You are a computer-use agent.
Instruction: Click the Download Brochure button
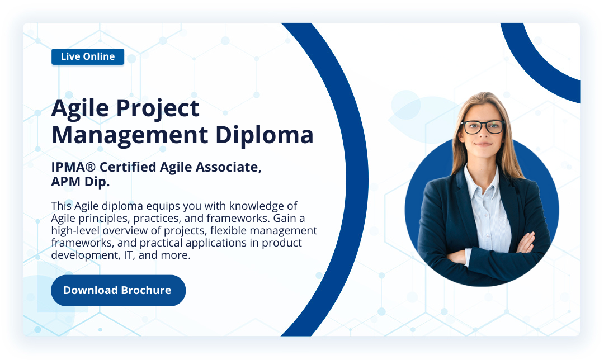(118, 290)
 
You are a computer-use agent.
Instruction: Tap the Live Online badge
(88, 56)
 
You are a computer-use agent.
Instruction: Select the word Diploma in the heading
(264, 135)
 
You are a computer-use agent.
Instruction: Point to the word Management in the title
(130, 135)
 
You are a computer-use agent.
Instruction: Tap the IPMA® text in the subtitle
(73, 167)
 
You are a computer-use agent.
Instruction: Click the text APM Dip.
(81, 182)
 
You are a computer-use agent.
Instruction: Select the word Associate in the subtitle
(228, 167)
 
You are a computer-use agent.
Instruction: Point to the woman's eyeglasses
(483, 127)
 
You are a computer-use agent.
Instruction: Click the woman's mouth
(483, 144)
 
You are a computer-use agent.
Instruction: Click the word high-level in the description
(75, 231)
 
